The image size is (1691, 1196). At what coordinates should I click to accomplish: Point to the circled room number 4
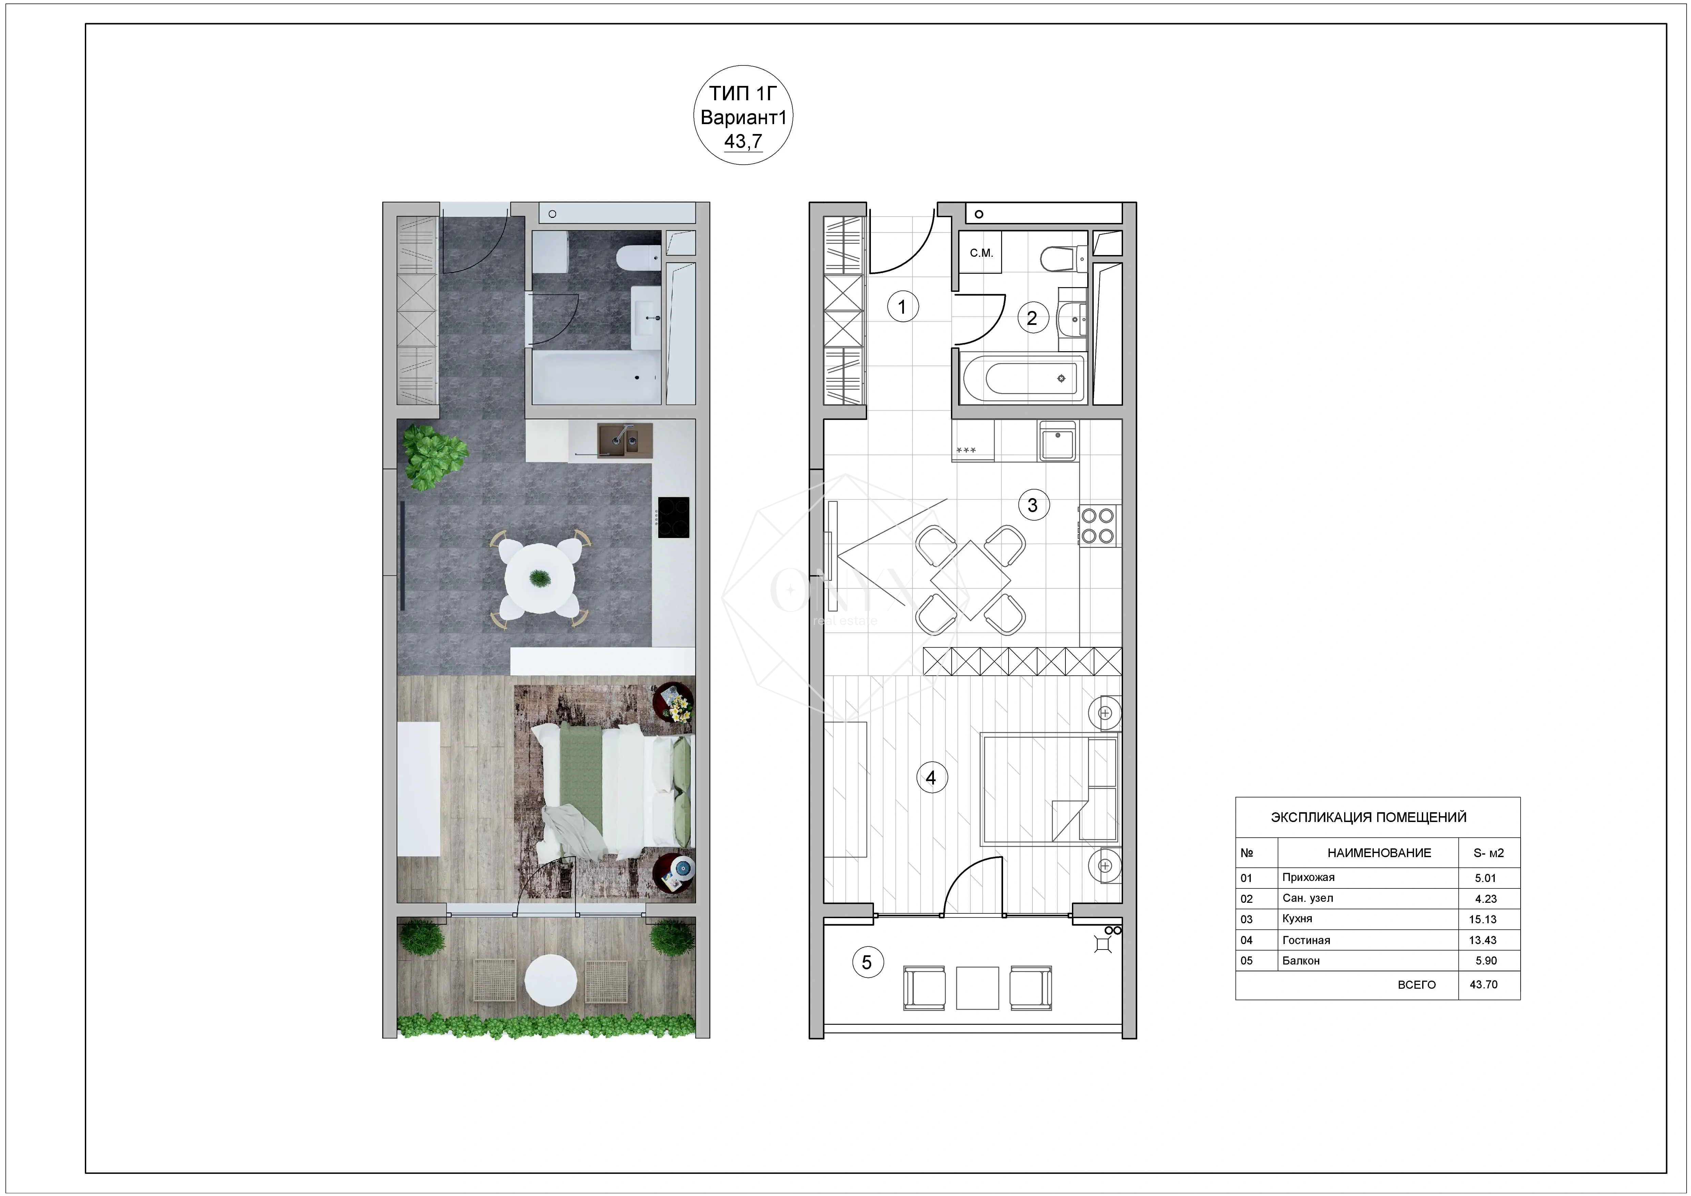(931, 777)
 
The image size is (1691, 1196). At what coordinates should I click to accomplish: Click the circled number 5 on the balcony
(867, 962)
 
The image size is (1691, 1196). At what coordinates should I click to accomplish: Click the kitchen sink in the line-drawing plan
(1058, 441)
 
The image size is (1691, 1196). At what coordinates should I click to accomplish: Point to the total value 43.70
(1483, 985)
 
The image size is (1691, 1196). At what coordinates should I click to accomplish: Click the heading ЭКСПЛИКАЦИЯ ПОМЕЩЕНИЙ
(1368, 817)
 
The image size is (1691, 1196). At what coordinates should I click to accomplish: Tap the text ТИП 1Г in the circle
(743, 94)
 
